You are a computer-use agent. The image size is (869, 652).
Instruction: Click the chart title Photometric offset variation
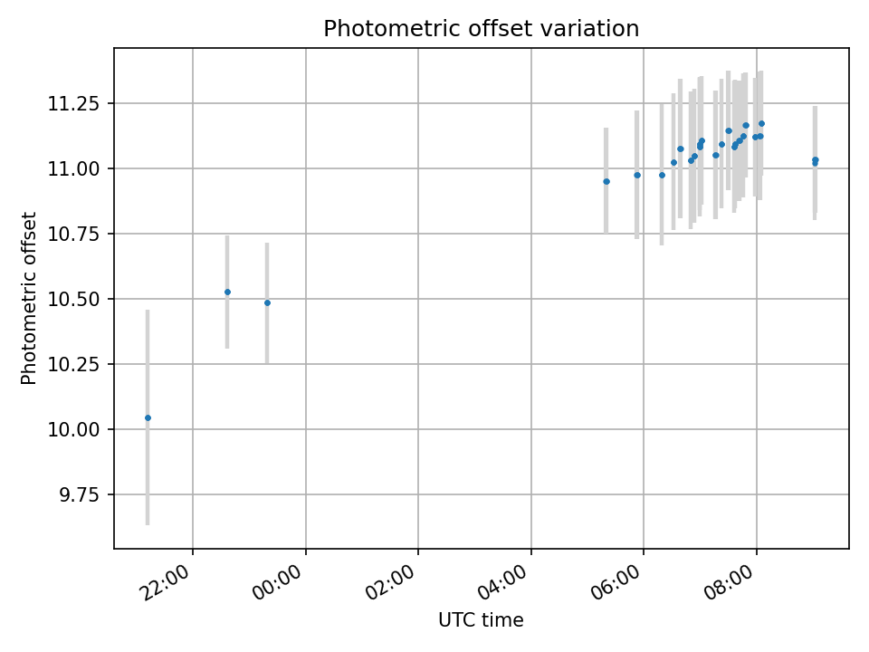(481, 29)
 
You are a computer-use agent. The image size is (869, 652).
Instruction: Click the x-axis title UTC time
(481, 620)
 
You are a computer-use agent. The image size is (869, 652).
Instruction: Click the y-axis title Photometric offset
(30, 298)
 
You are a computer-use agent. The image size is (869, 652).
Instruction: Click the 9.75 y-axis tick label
(80, 494)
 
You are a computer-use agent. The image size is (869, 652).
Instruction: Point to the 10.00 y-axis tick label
(76, 429)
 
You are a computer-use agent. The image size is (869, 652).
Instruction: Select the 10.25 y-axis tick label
(76, 364)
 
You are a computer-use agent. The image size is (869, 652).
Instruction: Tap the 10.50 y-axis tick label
(76, 299)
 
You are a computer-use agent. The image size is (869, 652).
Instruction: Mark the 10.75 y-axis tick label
(76, 234)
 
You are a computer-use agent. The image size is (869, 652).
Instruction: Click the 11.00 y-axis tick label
(76, 168)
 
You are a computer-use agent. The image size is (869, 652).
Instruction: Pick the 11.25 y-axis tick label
(76, 103)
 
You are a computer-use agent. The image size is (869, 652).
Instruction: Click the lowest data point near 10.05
(148, 417)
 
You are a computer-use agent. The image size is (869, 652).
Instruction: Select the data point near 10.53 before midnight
(227, 292)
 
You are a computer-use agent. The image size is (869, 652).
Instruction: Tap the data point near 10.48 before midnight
(267, 302)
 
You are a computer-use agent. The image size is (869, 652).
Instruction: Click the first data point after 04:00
(606, 181)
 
